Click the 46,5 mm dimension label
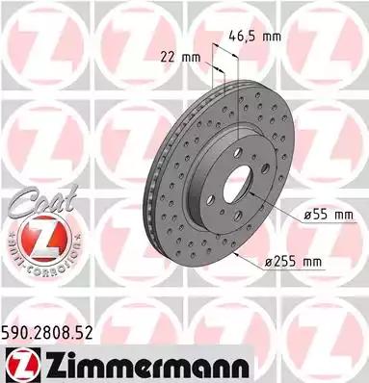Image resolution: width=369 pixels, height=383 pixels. [x=254, y=37]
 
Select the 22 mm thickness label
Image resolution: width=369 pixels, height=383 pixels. [x=180, y=58]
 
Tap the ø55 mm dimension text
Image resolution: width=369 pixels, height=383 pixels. [x=329, y=215]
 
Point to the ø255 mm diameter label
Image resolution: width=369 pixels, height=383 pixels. [x=293, y=262]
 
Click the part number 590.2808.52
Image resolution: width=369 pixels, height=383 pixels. [x=47, y=333]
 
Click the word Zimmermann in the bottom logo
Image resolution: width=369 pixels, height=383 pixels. [x=146, y=366]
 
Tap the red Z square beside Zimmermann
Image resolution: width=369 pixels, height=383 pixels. [x=21, y=366]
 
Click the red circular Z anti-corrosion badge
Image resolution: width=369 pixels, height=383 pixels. [x=43, y=240]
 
